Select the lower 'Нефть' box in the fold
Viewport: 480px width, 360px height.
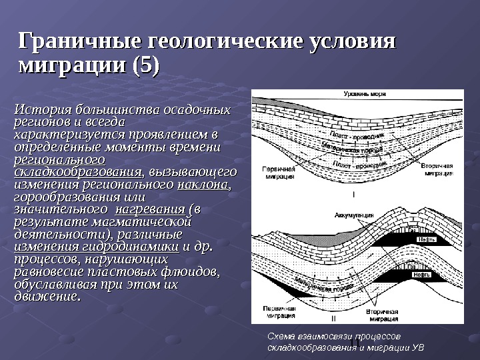pos(421,274)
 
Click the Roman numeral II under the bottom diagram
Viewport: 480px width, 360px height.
pos(353,319)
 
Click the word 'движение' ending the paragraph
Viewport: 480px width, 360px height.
pos(45,297)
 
